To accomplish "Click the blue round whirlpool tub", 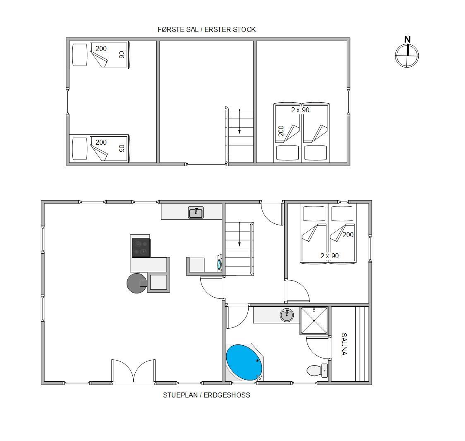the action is point(244,362).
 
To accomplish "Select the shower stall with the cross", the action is point(314,321).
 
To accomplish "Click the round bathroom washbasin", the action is point(287,315).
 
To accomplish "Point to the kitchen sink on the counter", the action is point(196,213).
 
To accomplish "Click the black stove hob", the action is point(141,247).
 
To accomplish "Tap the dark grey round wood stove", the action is point(137,283).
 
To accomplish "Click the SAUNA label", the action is point(344,344).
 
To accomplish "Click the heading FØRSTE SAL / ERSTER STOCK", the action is point(206,29).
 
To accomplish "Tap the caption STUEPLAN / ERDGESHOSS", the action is point(206,395).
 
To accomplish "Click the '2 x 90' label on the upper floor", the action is point(300,110).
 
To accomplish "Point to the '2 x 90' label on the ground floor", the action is point(329,256).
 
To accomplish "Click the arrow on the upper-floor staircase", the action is point(239,121).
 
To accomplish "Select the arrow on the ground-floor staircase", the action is point(239,234).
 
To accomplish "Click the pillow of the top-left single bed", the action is point(80,55).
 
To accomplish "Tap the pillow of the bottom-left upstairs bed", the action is point(80,148).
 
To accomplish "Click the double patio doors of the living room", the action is point(134,371).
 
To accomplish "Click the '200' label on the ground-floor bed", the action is point(348,235).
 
